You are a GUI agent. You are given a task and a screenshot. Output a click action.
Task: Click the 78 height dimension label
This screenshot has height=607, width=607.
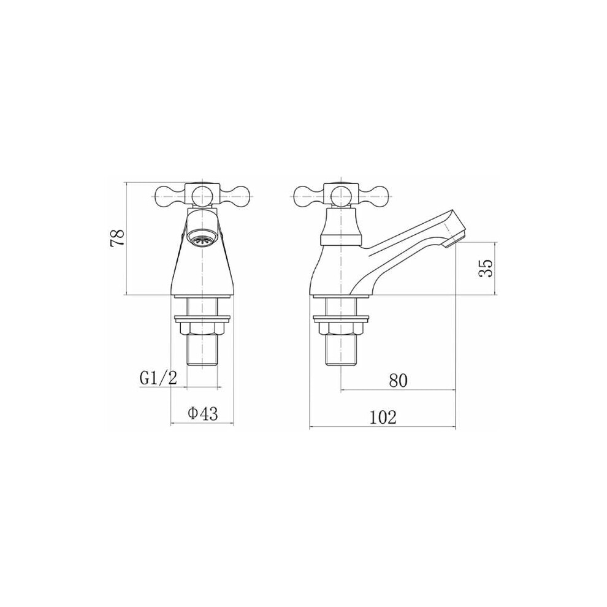click(117, 237)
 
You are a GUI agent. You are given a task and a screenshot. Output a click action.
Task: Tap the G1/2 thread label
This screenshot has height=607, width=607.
click(158, 378)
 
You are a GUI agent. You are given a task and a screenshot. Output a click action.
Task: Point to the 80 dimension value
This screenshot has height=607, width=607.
click(399, 381)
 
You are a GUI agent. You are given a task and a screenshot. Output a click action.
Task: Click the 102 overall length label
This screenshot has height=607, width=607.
click(383, 418)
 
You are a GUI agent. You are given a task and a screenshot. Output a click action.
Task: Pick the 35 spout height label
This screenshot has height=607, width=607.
click(486, 268)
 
